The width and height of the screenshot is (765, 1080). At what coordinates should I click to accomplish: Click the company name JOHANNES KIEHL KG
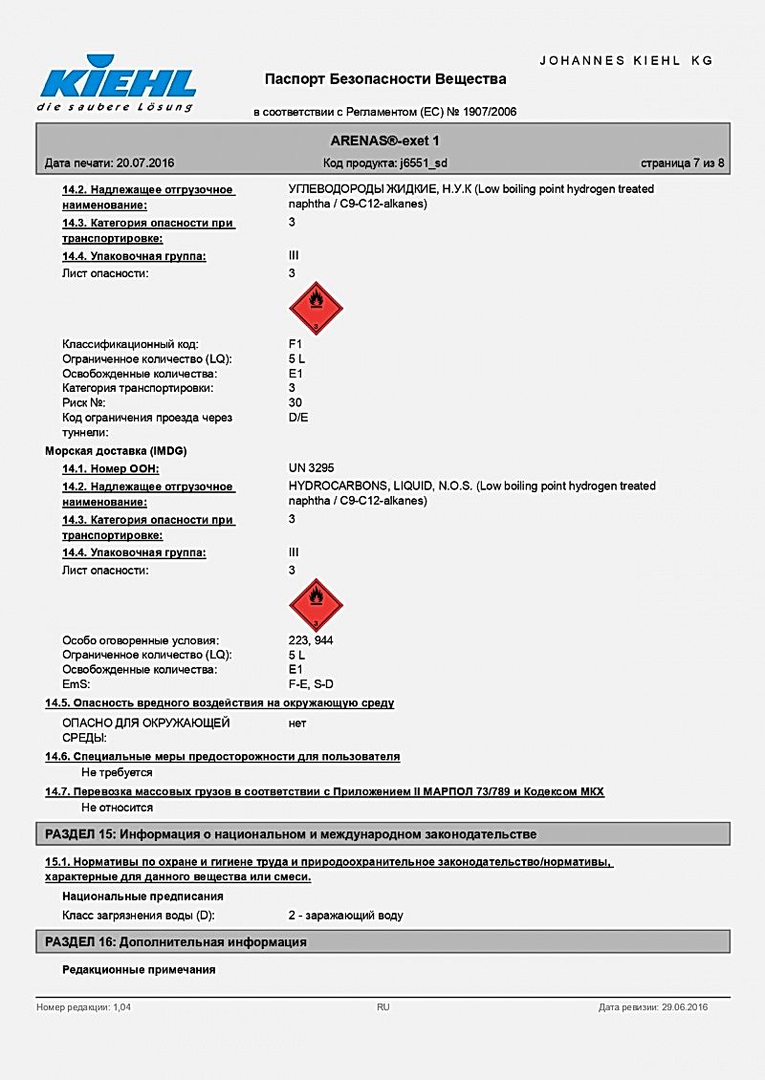tap(626, 60)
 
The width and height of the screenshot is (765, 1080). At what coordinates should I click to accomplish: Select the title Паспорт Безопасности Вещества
tap(385, 78)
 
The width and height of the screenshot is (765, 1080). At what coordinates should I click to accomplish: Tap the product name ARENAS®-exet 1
tap(384, 140)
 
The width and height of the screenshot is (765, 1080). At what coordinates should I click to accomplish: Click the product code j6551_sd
tap(423, 163)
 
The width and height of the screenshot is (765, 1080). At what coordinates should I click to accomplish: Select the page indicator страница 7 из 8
tap(683, 163)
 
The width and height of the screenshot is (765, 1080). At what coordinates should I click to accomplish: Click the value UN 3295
tap(311, 468)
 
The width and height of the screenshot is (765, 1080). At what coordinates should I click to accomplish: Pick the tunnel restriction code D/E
tap(298, 418)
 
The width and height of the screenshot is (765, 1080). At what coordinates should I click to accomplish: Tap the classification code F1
tap(295, 344)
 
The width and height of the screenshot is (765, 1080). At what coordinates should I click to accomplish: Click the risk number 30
tap(295, 402)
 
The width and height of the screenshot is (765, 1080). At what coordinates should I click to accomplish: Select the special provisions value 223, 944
tap(311, 640)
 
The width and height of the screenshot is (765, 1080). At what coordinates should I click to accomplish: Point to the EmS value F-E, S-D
tap(311, 684)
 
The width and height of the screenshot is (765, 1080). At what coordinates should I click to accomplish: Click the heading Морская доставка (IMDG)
tap(115, 450)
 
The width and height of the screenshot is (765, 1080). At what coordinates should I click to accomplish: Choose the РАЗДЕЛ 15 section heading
tap(291, 834)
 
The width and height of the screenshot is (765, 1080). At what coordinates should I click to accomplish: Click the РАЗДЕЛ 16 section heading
tap(176, 942)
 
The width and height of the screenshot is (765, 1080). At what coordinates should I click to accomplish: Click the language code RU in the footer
tap(383, 1007)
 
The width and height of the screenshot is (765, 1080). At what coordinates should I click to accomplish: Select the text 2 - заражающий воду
tap(345, 916)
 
